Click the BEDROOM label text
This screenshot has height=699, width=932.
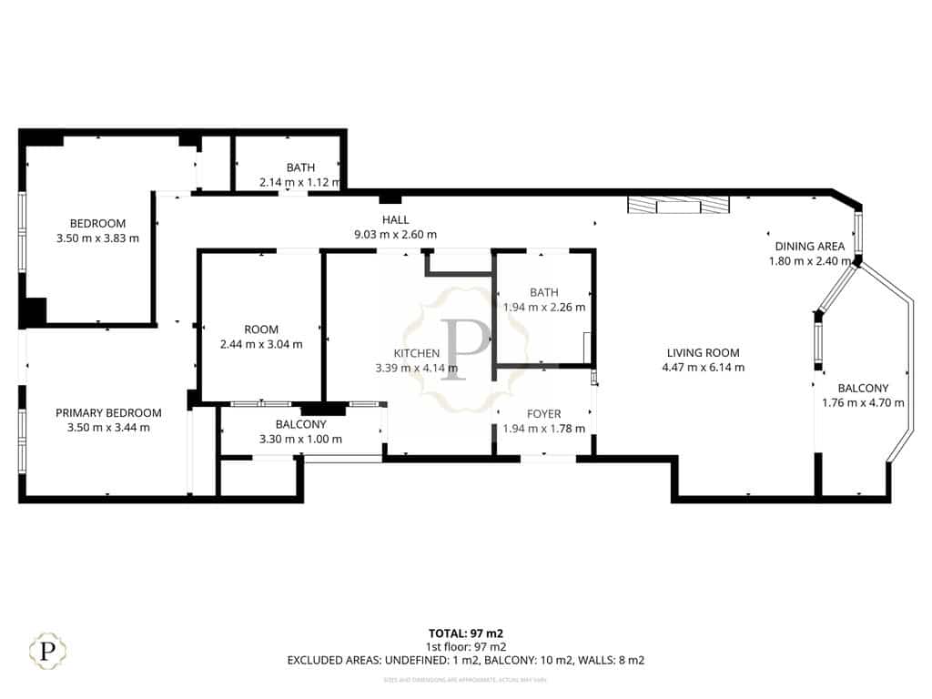coord(98,224)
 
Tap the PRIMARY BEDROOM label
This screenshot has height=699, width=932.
coord(108,412)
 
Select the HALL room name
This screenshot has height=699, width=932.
coord(395,219)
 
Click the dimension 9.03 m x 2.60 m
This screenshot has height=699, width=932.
coord(395,234)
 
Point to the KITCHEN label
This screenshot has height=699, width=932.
coord(416,353)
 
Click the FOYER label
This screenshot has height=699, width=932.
coord(544,414)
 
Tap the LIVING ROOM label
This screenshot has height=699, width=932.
coord(703,353)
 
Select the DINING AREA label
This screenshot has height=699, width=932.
coord(809,247)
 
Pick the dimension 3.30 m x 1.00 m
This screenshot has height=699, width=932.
coord(300,439)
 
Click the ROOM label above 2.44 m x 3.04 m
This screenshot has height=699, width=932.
coord(261,329)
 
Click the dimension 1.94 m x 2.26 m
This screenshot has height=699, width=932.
coord(544,307)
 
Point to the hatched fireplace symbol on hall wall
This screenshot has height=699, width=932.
coord(678,206)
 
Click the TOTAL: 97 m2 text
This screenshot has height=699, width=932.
coord(465,633)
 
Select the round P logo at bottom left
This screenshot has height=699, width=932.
coord(47,651)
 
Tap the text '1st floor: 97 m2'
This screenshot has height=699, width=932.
coord(465,646)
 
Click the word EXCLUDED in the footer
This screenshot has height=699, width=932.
coord(317,660)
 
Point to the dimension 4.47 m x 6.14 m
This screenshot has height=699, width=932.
coord(703,368)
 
